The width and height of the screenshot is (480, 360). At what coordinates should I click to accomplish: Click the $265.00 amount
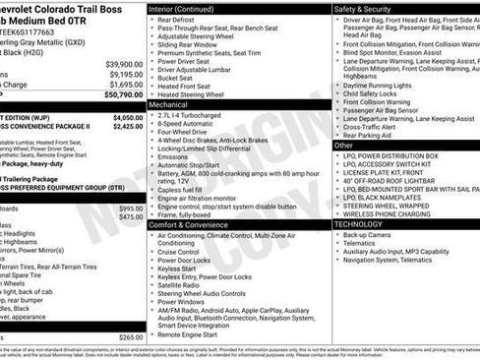[x=129, y=336]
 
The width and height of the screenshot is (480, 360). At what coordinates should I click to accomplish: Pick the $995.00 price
[x=129, y=209]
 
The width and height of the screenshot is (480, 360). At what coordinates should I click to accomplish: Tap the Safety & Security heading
[x=365, y=7]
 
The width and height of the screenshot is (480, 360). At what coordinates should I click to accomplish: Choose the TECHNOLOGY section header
[x=357, y=223]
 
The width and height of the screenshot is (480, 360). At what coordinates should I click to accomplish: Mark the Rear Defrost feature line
[x=177, y=19]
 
